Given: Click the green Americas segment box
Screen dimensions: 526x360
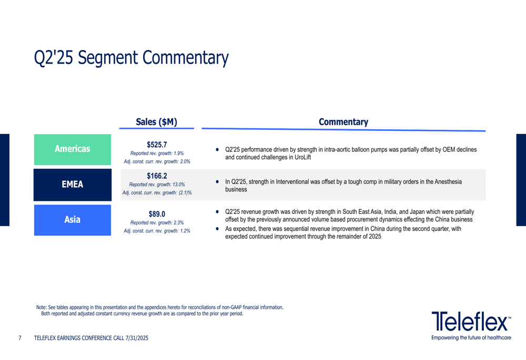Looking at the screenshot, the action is [x=73, y=149].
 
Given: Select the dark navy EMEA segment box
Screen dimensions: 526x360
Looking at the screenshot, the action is [x=73, y=184].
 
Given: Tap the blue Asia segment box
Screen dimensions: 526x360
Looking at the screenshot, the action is [x=73, y=220].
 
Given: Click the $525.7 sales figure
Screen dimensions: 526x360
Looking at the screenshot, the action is [x=157, y=145].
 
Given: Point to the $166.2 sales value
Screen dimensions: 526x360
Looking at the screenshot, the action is [x=157, y=176].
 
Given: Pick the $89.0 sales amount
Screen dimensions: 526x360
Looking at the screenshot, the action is [x=157, y=214].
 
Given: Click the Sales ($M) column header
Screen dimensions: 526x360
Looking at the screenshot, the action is [x=156, y=122].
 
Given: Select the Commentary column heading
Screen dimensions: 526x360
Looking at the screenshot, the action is [x=343, y=122].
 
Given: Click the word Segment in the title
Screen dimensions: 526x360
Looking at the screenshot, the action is [x=108, y=58].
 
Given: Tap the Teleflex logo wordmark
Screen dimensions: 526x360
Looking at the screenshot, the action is [x=471, y=321].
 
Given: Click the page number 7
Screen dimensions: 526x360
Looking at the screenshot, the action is [x=20, y=338].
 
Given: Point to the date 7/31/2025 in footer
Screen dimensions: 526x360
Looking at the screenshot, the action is [x=137, y=338].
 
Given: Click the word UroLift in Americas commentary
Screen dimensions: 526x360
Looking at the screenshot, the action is [x=302, y=157].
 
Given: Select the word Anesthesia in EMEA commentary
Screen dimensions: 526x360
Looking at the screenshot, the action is [x=448, y=182].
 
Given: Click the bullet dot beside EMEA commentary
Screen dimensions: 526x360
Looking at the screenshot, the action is [x=217, y=182].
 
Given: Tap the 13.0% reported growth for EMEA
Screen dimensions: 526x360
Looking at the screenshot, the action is [x=178, y=184].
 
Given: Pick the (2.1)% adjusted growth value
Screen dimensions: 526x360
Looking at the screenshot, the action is [x=185, y=193].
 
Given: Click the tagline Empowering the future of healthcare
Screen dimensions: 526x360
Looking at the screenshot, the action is [x=471, y=337].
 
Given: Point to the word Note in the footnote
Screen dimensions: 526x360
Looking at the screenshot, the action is [x=41, y=307].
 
